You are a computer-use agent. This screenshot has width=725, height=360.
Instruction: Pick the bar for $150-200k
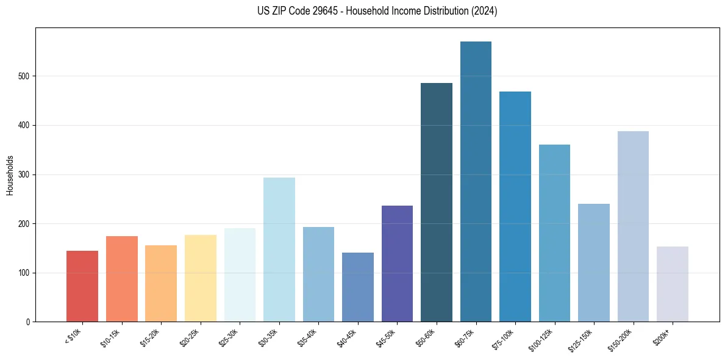pos(633,226)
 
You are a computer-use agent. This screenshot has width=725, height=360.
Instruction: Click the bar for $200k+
pos(672,284)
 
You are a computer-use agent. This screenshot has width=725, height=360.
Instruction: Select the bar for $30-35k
pos(279,250)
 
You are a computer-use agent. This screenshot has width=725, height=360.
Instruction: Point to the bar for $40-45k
pos(358,287)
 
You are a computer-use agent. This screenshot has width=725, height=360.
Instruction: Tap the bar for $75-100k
pos(515,207)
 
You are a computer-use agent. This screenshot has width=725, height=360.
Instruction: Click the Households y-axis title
pos(10,175)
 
